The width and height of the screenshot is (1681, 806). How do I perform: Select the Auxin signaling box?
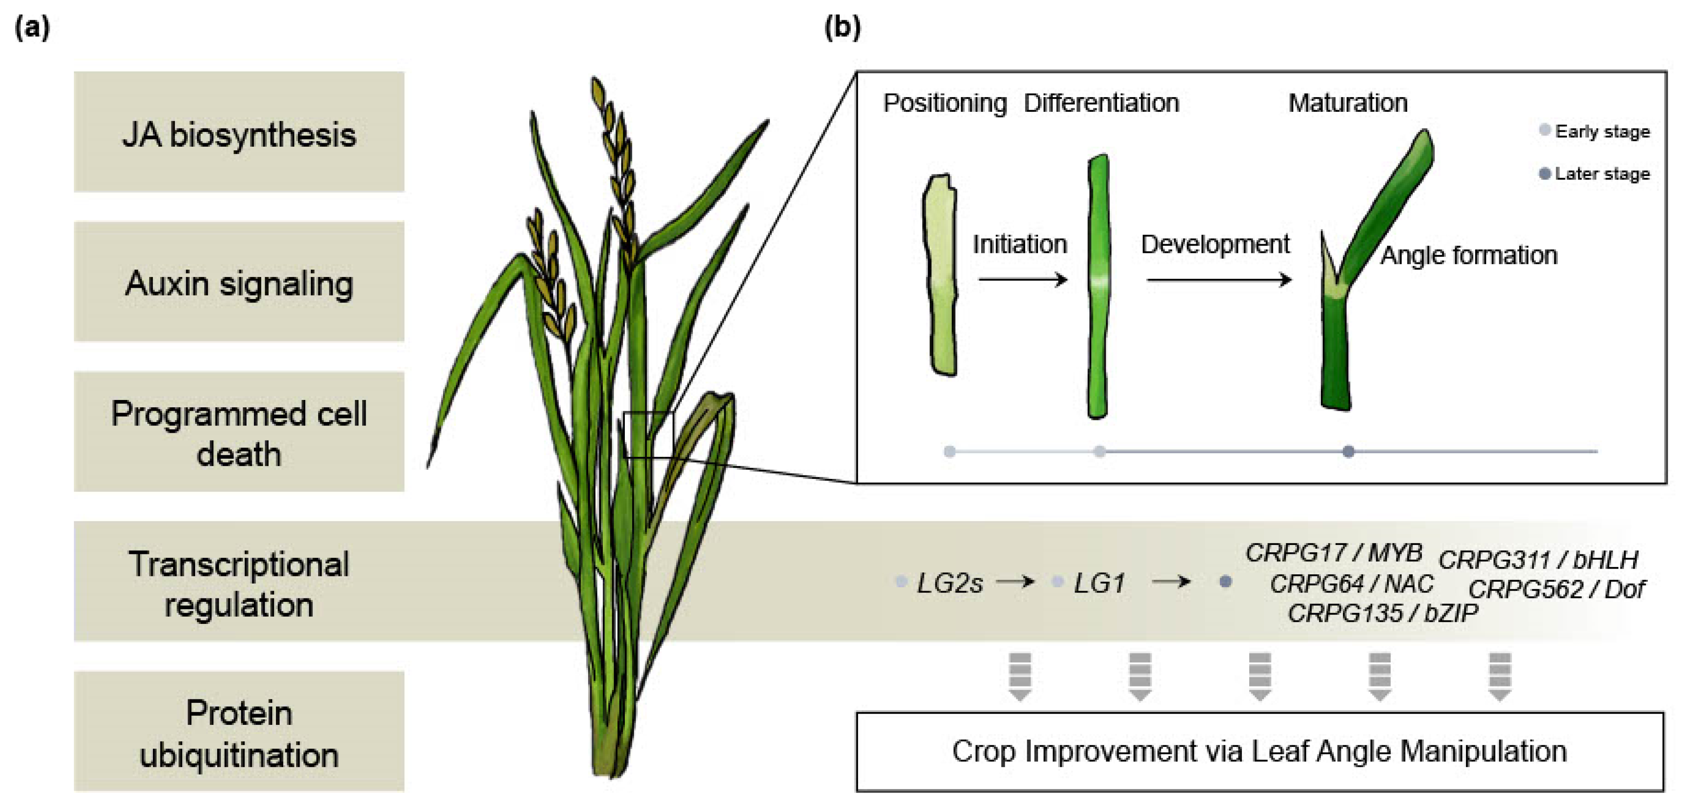coord(239,282)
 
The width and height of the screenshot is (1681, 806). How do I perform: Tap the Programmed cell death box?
coord(239,431)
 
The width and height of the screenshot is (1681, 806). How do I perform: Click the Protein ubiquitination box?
coord(239,732)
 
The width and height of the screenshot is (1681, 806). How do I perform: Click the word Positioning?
coord(944,103)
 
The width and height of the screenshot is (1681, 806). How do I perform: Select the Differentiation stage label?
coord(1101,103)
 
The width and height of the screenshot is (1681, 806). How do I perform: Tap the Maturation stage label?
coord(1348,103)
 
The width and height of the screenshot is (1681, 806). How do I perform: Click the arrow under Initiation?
coord(1023,280)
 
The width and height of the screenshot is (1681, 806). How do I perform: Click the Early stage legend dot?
coord(1544,130)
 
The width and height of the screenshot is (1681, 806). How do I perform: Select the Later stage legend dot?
coord(1544,173)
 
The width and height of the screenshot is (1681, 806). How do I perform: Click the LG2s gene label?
coord(950,583)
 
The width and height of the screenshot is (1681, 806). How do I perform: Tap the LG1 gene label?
coord(1099,583)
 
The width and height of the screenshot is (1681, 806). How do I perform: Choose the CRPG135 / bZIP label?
coord(1382,613)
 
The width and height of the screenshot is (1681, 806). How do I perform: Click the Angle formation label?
coord(1468,255)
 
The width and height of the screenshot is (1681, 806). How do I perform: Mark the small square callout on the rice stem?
coord(648,434)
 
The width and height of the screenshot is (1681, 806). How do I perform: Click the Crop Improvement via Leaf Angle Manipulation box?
coord(1260,751)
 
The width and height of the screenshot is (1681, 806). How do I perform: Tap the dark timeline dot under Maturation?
coord(1348,451)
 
